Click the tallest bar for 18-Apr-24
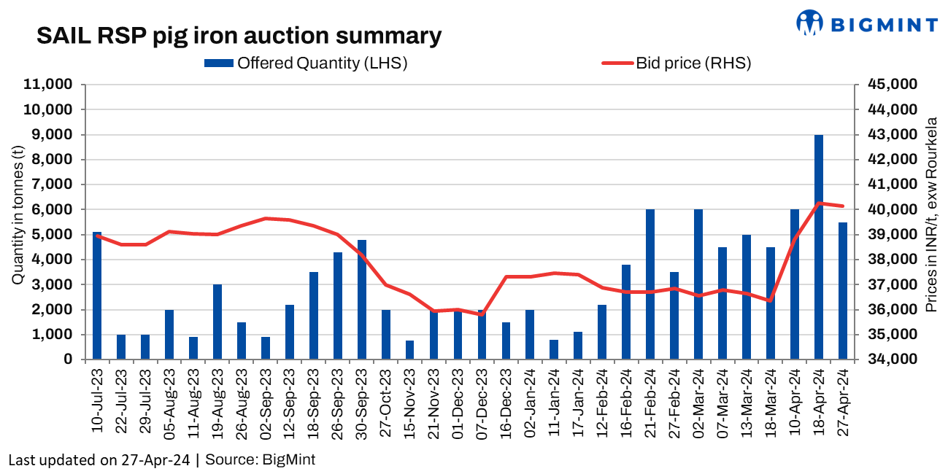coord(819,247)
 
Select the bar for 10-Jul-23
coord(97,295)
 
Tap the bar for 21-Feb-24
coord(650,284)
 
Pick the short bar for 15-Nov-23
coord(409,350)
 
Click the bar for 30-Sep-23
coord(361,300)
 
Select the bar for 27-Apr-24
coord(843,291)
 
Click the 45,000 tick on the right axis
coord(892,85)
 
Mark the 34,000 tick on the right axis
coord(892,360)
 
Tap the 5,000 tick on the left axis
coord(55,235)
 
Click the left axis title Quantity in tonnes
coord(17,216)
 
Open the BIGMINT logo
coord(867,23)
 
